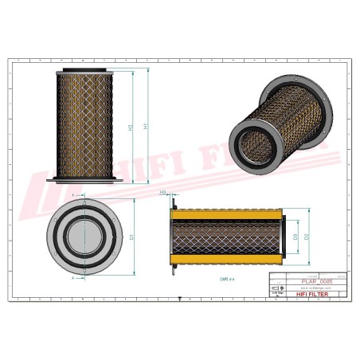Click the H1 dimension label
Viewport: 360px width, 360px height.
(144, 126)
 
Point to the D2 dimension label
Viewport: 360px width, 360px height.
(306, 237)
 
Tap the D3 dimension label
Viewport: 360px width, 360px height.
(295, 237)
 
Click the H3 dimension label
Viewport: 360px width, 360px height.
(162, 193)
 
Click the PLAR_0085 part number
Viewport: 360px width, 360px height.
(319, 281)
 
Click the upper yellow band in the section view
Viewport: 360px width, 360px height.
(227, 214)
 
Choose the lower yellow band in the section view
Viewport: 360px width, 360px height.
(227, 260)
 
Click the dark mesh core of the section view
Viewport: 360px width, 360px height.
(227, 237)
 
